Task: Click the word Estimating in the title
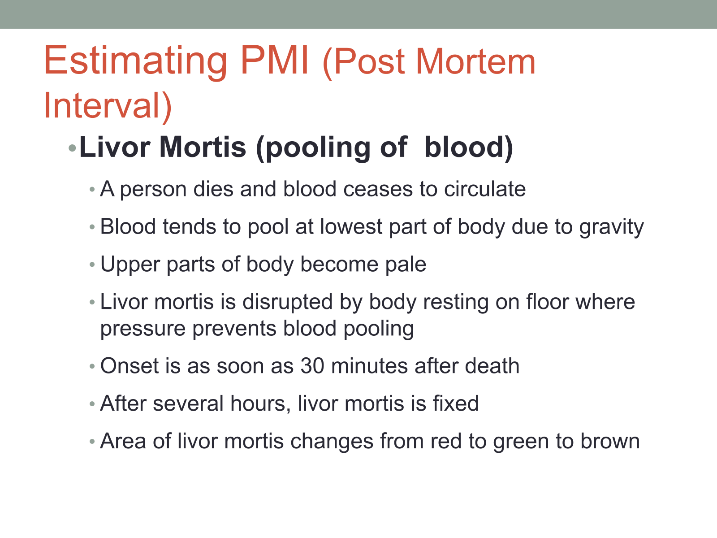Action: tap(135, 62)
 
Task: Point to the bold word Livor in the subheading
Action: tap(115, 147)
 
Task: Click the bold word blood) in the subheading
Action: tap(468, 148)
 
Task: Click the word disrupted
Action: tap(287, 302)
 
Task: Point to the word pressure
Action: tap(143, 329)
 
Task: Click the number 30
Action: tap(312, 366)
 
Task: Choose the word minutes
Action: tap(369, 366)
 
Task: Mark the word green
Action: tap(521, 442)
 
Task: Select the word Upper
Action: tap(130, 264)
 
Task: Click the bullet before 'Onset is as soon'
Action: tap(92, 366)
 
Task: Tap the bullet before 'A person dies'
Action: tap(92, 190)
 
